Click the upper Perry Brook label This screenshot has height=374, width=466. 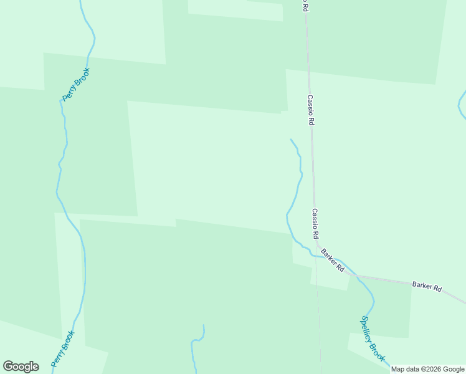tap(77, 84)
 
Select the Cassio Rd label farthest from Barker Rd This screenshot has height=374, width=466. tap(310, 110)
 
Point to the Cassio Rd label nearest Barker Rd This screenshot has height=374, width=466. tap(316, 224)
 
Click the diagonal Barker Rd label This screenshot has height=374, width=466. tap(333, 259)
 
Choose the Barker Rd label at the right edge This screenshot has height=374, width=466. tap(427, 287)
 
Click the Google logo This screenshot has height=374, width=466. tap(21, 367)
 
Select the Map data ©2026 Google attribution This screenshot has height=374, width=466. tap(427, 369)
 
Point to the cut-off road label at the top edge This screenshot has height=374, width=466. tap(305, 5)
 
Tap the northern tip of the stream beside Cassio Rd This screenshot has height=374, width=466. tap(291, 140)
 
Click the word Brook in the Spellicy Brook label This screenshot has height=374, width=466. tap(378, 351)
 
